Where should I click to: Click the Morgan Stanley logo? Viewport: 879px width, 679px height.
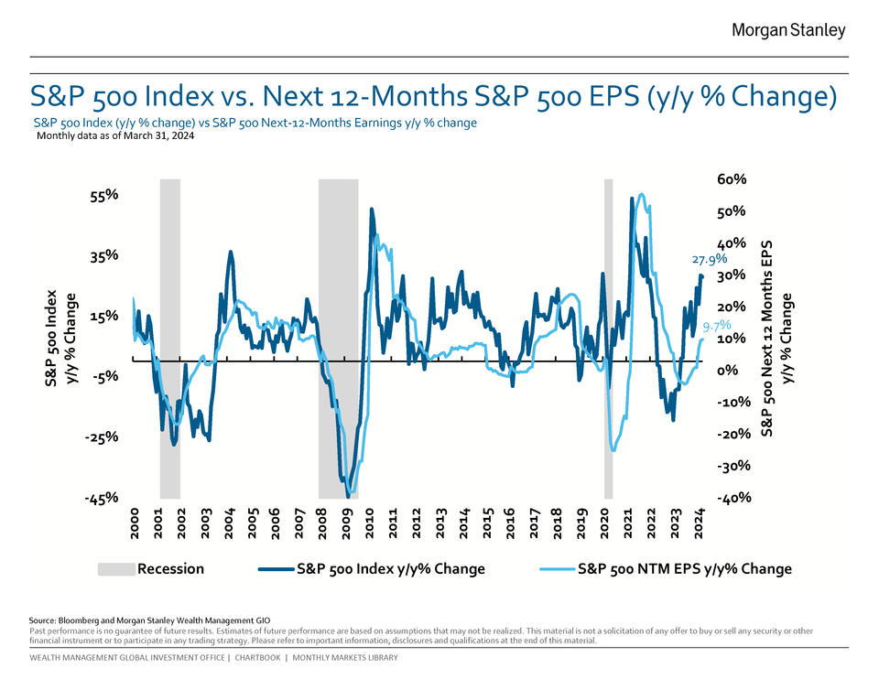tap(788, 31)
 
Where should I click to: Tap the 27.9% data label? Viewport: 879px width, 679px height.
tap(710, 259)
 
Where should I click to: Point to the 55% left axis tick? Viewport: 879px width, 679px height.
tap(103, 195)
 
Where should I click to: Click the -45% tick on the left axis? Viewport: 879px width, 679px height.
tap(101, 498)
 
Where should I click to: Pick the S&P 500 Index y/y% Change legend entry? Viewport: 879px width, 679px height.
tap(391, 569)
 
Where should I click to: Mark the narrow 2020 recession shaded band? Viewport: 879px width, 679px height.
tap(608, 339)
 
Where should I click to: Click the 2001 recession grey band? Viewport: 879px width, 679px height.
tap(169, 339)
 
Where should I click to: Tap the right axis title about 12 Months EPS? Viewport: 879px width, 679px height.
tap(768, 339)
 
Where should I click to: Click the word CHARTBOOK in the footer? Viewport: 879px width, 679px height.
tap(258, 658)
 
